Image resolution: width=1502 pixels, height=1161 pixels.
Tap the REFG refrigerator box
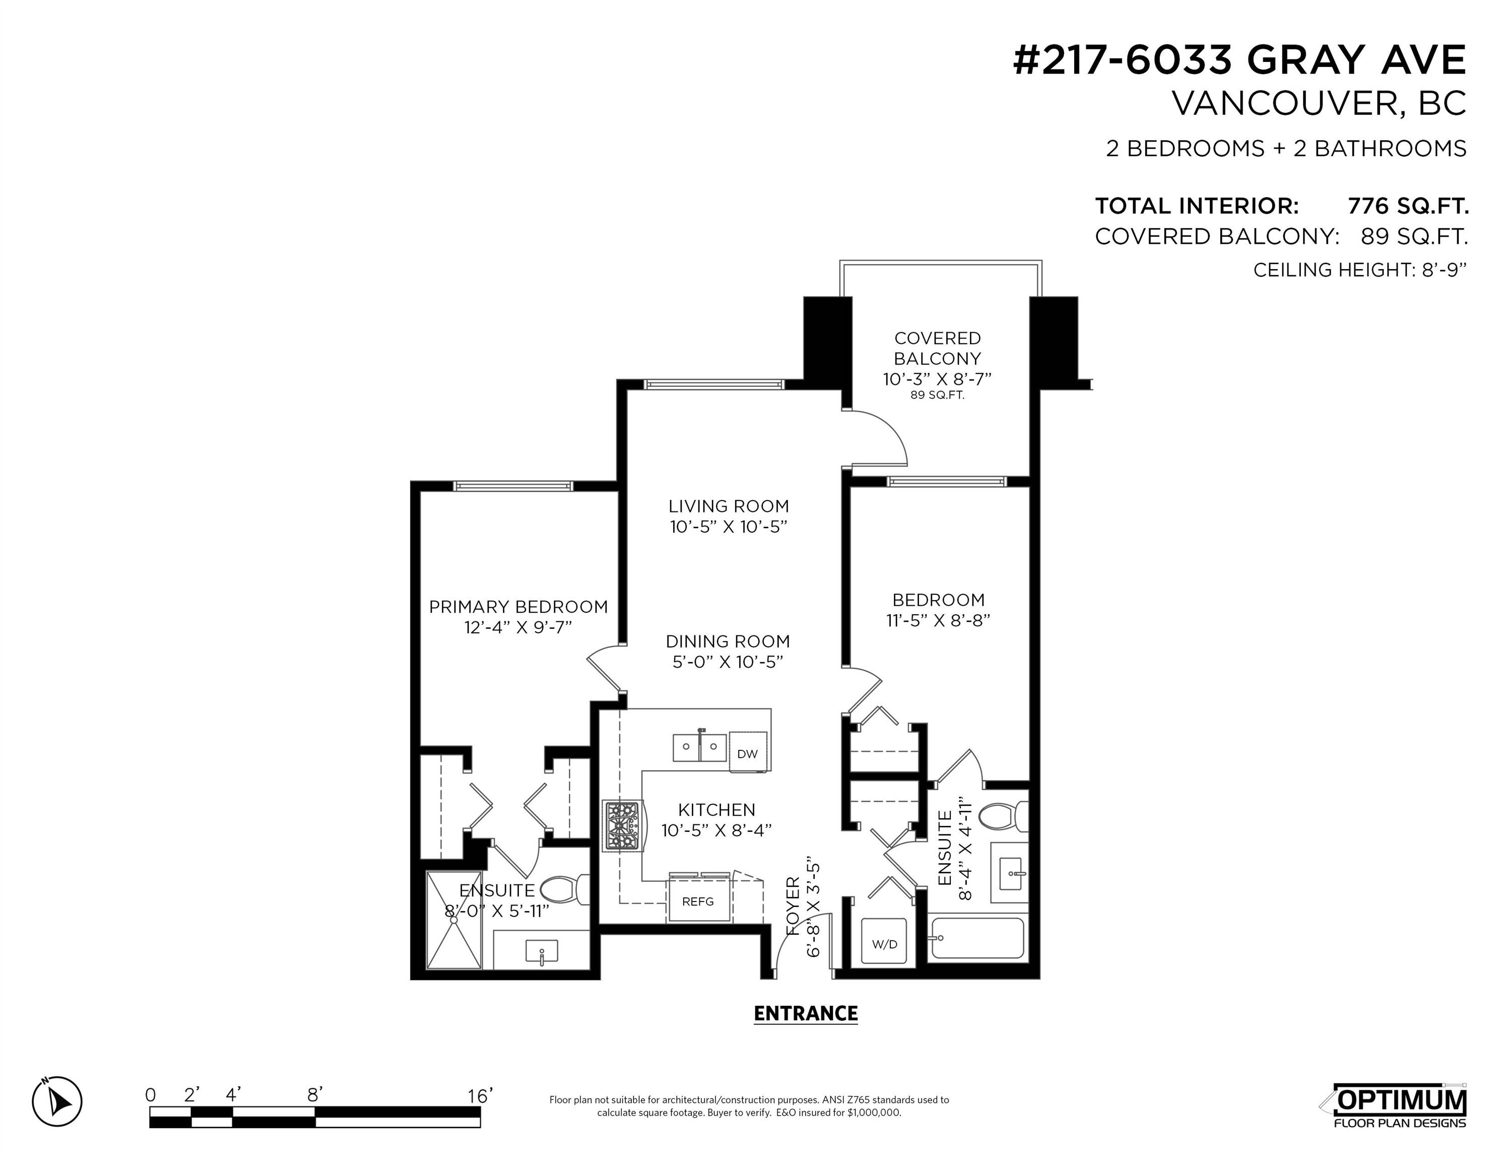point(698,901)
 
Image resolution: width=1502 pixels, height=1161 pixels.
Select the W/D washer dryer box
point(884,944)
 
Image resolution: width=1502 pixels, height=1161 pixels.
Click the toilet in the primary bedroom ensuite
point(565,889)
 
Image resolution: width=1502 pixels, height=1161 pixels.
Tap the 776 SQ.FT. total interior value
point(1408,206)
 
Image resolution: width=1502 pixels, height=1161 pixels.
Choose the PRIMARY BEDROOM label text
point(518,607)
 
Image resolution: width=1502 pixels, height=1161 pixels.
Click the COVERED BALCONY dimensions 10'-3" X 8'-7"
point(937,379)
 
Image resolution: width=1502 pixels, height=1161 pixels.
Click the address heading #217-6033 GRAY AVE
point(1240,60)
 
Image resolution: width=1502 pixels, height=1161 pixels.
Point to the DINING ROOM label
point(728,641)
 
